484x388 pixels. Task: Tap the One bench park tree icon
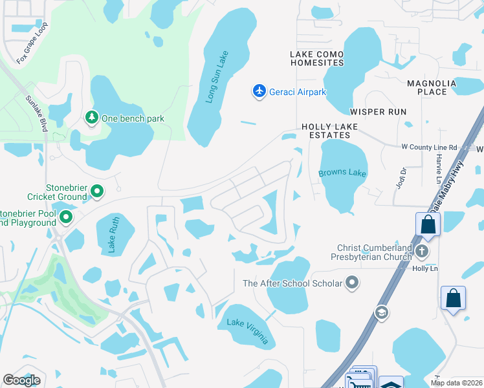tap(92, 117)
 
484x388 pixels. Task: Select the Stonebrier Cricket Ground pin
tap(97, 191)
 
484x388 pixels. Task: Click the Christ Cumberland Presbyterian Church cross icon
tap(422, 251)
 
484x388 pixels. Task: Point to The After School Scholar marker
tap(352, 282)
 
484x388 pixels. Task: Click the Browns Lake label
tap(342, 173)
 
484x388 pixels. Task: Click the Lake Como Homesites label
tap(317, 58)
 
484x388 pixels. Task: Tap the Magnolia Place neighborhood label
tap(432, 87)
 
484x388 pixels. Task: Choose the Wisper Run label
tap(378, 112)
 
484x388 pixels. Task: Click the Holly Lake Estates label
tap(325, 131)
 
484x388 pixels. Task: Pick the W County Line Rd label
tap(429, 147)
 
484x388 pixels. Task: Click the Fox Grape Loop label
tap(32, 47)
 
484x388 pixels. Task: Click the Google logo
tap(21, 380)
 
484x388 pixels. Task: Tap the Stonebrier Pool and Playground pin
tap(66, 217)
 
